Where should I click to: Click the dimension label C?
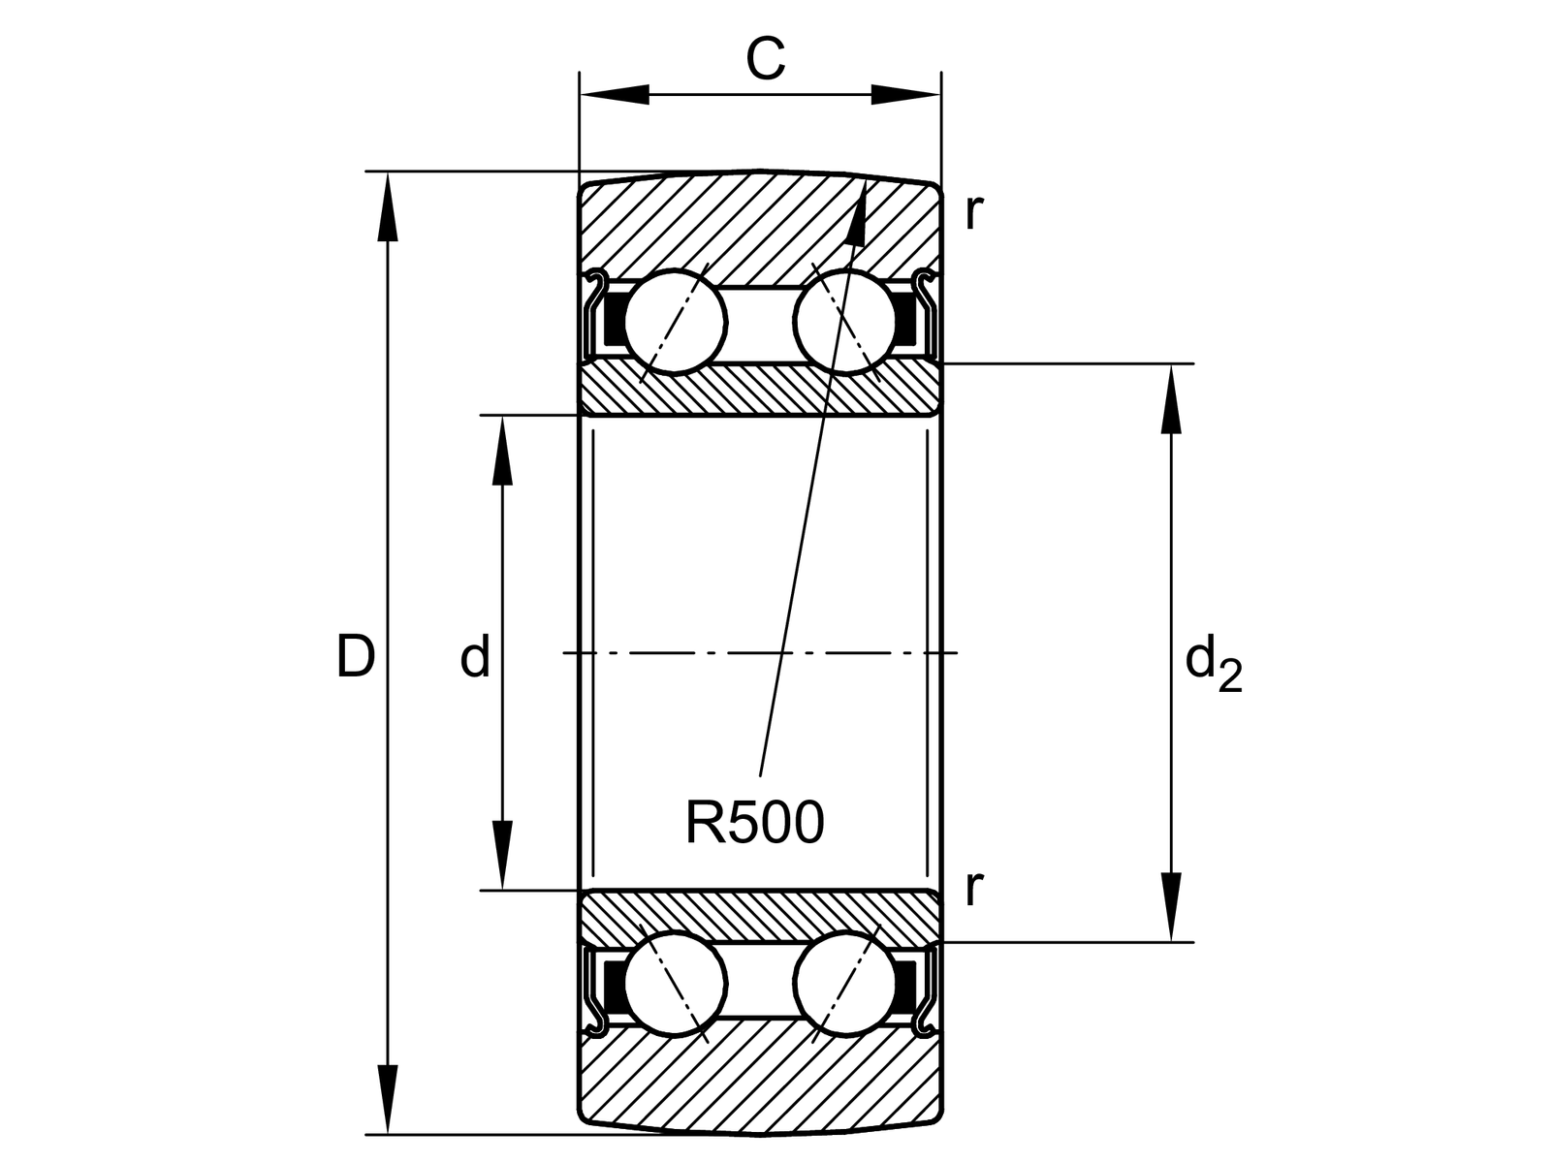tap(765, 60)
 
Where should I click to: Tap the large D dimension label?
tap(355, 657)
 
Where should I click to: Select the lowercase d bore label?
tap(475, 658)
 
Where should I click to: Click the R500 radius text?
tap(754, 823)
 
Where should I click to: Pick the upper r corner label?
tap(973, 211)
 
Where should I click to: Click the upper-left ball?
tap(676, 322)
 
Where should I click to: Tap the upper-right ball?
tap(844, 322)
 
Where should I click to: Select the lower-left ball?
tap(676, 983)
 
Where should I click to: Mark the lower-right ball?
tap(844, 983)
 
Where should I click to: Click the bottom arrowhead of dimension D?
tap(388, 1099)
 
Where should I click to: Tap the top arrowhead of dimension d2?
tap(1172, 398)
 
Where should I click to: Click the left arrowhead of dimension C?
tap(615, 95)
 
